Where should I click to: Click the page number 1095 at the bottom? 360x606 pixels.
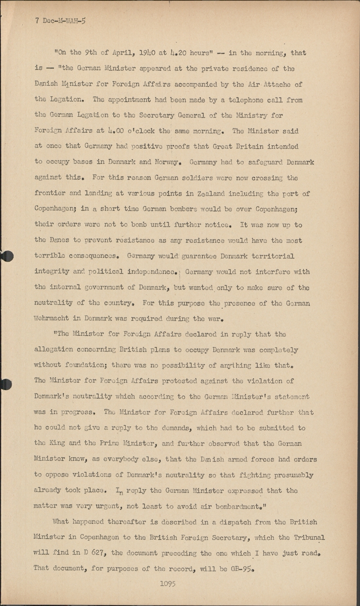[x=168, y=583]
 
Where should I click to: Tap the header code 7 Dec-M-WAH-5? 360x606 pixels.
[x=60, y=21]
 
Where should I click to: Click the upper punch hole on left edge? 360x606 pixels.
[x=7, y=256]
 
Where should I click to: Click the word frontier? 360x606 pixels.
[x=50, y=194]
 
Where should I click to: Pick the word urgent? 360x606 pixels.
[x=111, y=506]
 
